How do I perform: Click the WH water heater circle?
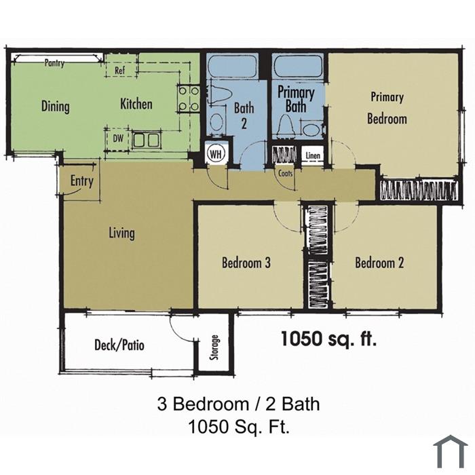(216, 153)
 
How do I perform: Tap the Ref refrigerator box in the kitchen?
(120, 70)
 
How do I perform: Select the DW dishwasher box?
(118, 139)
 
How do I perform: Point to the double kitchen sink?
(147, 140)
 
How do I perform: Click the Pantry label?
(54, 62)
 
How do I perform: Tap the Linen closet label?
(313, 155)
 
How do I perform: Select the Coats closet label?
(286, 174)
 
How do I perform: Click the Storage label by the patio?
(215, 347)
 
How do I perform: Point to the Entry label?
(82, 181)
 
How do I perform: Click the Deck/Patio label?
(119, 345)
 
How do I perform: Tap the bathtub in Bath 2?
(233, 66)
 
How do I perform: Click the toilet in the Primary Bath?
(286, 124)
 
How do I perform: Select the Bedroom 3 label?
(246, 263)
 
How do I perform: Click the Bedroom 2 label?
(379, 263)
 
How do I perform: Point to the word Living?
(121, 233)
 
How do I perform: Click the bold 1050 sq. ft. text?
(329, 339)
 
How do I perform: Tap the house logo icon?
(451, 451)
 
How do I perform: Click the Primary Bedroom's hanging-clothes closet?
(419, 190)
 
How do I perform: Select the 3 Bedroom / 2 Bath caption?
(238, 404)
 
